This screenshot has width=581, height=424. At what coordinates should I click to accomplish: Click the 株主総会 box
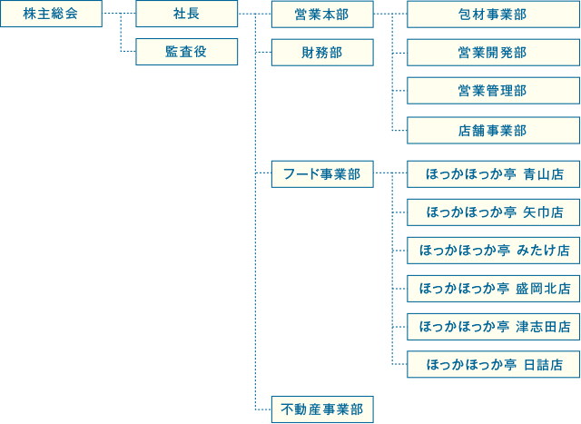click(51, 15)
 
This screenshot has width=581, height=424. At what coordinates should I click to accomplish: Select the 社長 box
click(186, 15)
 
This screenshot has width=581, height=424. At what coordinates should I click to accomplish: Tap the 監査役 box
click(186, 52)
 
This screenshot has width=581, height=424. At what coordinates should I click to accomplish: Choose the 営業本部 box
click(321, 15)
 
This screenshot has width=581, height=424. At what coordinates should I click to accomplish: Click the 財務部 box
click(321, 52)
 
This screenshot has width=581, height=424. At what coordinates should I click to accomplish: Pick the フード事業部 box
click(321, 173)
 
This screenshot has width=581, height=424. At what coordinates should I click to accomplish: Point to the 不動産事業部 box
click(321, 409)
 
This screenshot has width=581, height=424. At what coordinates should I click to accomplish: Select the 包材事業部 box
click(492, 15)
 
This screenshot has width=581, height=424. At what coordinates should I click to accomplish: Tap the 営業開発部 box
click(492, 52)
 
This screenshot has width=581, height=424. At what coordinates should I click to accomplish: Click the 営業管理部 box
click(492, 91)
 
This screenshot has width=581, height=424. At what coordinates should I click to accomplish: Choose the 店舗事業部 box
click(492, 130)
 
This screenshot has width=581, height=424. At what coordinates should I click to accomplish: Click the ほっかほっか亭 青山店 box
click(492, 173)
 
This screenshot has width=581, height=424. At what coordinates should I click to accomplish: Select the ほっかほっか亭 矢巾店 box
click(492, 212)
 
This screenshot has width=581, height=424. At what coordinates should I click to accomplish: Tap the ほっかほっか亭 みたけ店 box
click(492, 250)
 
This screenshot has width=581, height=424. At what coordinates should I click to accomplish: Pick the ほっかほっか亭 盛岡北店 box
click(492, 289)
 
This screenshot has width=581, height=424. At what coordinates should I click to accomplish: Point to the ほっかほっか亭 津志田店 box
click(492, 326)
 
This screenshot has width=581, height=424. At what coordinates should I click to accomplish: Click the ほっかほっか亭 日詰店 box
click(492, 365)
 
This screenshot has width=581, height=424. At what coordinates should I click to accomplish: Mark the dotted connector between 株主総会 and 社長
click(118, 15)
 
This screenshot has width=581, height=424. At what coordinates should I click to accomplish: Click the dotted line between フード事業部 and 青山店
click(389, 173)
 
